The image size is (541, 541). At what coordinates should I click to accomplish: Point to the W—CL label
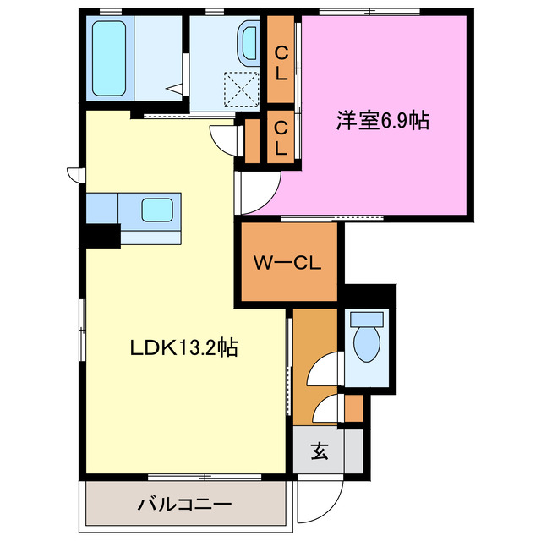(287, 263)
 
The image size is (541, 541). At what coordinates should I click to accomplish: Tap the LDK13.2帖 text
(183, 346)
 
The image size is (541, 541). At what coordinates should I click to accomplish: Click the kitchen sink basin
(157, 209)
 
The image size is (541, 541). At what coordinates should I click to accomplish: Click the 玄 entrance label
(318, 451)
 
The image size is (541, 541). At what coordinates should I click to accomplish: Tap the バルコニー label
(183, 505)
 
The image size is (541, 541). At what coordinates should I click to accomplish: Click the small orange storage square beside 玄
(353, 408)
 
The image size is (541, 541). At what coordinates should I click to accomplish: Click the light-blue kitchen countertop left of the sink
(102, 207)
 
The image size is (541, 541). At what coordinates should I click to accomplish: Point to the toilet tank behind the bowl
(367, 320)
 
